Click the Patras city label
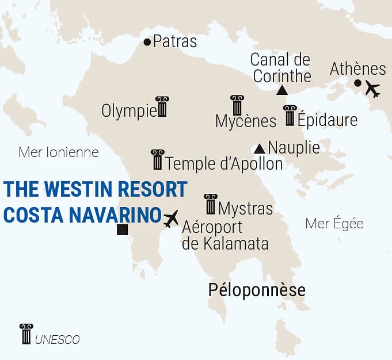175,42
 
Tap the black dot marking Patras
147,42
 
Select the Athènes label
357,69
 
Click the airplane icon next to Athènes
373,90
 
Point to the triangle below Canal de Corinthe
281,90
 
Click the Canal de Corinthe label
281,67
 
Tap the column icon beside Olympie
162,107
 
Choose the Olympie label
128,111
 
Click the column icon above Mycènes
237,105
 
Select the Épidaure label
327,120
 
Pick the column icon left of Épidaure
290,116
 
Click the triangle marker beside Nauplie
260,148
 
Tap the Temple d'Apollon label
224,164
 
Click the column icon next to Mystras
211,204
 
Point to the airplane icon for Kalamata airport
171,218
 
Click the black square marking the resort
121,231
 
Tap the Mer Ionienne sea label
58,152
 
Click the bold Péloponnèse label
256,290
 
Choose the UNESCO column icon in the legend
26,334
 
